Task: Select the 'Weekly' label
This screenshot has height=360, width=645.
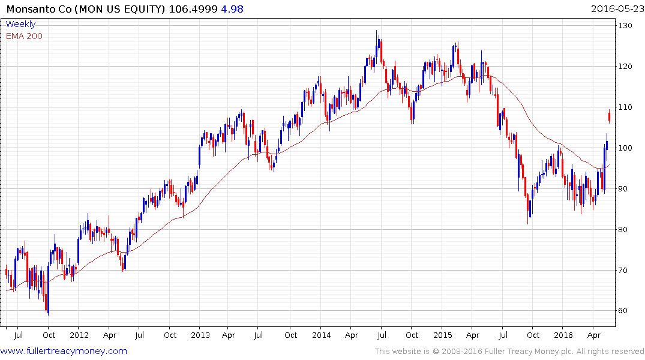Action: point(20,25)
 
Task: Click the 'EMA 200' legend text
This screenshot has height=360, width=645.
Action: point(24,36)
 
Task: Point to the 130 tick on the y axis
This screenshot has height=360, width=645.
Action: point(626,26)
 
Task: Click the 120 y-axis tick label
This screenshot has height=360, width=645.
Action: point(626,67)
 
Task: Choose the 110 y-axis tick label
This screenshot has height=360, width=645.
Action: point(626,107)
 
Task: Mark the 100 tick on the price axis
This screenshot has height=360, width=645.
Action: point(626,148)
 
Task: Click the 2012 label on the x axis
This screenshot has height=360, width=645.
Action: point(79,335)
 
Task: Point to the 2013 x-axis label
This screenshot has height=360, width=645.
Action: point(200,335)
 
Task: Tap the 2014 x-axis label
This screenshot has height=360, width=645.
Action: point(321,335)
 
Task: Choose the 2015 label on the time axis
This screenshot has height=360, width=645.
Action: point(442,335)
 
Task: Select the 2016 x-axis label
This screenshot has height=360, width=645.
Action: point(563,335)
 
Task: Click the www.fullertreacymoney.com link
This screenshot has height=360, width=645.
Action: point(64,351)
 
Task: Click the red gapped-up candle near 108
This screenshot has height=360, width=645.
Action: point(609,116)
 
